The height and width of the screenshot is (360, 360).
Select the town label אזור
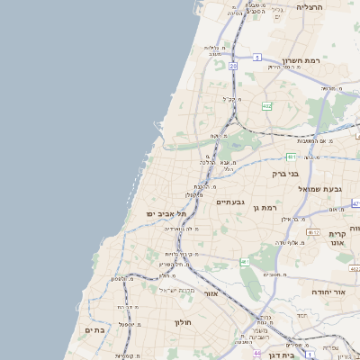coord(211,294)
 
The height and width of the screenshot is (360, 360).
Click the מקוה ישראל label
coord(176,290)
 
